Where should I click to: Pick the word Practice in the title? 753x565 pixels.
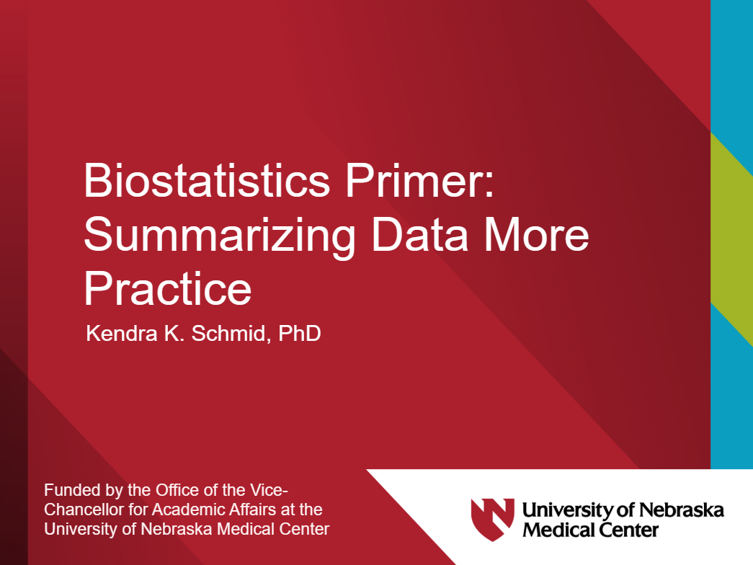(167, 289)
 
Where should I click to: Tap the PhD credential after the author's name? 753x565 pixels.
(297, 334)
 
